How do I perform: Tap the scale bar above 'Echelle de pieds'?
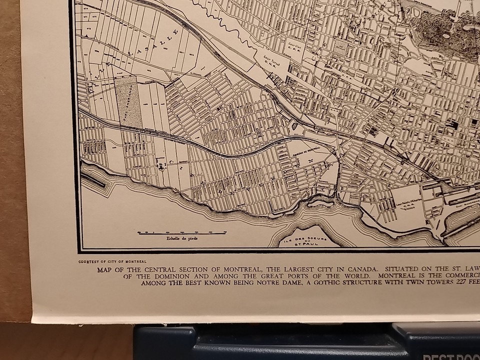click(x=181, y=232)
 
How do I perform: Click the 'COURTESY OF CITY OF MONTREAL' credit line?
click(x=112, y=261)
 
